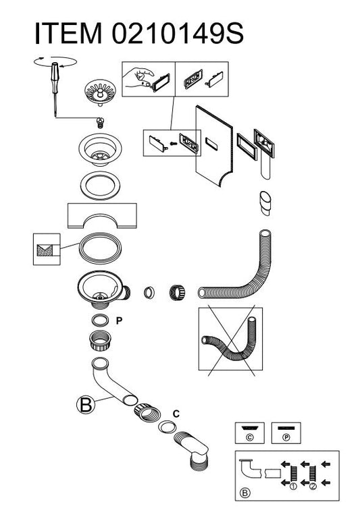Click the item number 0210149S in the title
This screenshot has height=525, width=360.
tap(178, 33)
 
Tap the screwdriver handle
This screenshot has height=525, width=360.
tap(55, 73)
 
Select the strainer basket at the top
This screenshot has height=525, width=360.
tap(100, 92)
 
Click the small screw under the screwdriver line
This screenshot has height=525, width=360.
tap(99, 122)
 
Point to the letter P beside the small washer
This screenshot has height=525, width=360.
tap(119, 321)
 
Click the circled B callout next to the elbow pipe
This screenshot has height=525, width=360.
tap(86, 404)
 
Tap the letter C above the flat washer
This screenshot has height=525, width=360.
tap(176, 414)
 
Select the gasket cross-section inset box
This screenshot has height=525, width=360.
tap(47, 250)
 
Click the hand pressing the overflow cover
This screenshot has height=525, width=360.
tap(137, 77)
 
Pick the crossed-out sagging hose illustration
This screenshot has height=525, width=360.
tap(230, 339)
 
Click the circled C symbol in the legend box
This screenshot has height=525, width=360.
tap(250, 437)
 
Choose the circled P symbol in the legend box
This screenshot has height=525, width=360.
tap(286, 437)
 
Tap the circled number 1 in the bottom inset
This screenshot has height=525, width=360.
tap(293, 486)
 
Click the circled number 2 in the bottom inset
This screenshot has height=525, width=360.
tap(313, 486)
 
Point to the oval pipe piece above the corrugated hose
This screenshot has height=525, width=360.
tap(265, 203)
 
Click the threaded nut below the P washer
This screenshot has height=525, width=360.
tap(101, 340)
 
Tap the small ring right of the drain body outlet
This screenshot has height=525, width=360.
tap(149, 292)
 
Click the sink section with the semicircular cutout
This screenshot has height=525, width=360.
tap(102, 216)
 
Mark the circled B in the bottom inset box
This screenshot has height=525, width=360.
tap(245, 493)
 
